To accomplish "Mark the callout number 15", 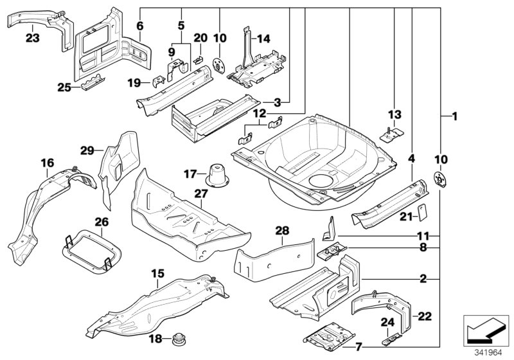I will (155, 273).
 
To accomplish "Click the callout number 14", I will (263, 39).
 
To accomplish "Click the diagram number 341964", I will (484, 351).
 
